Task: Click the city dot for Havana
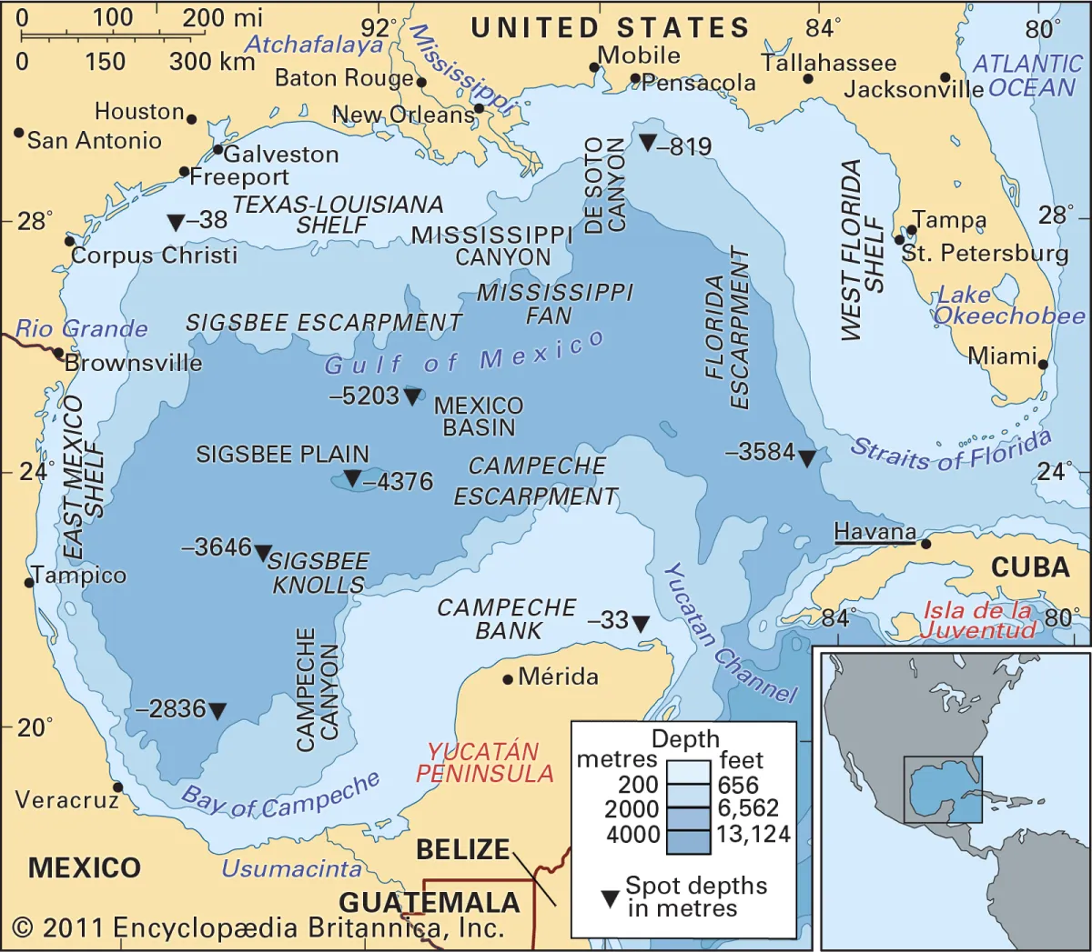pos(925,544)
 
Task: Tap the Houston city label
pos(139,112)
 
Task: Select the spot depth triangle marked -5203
pos(412,396)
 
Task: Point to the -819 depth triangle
pos(647,143)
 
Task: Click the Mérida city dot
pos(508,679)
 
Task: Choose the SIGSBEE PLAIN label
pos(282,454)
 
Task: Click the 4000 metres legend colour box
pos(687,835)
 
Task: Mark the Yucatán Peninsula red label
pos(484,763)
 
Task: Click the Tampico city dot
pos(29,582)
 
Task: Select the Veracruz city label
pos(66,800)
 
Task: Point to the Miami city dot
pos(1043,365)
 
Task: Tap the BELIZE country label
pos(462,849)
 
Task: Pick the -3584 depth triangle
pos(806,458)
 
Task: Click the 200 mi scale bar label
pos(222,17)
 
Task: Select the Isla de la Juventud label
pos(978,620)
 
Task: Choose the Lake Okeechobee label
pos(1008,306)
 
